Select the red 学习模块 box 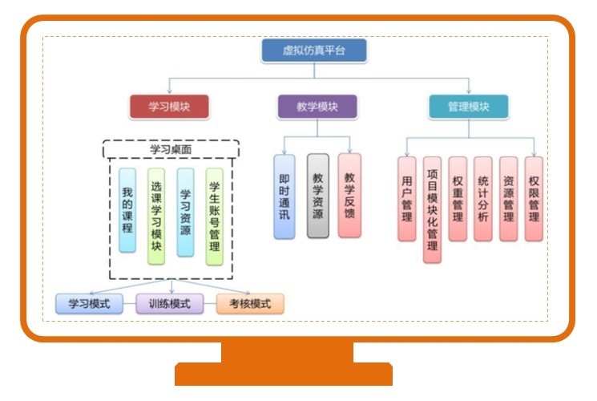click(x=168, y=107)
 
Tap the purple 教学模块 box click(x=317, y=107)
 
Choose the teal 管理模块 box click(x=468, y=107)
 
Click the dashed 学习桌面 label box click(x=171, y=149)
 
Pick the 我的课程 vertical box click(x=127, y=210)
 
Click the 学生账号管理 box click(x=213, y=216)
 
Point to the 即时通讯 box click(x=284, y=196)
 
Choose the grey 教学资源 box click(x=318, y=196)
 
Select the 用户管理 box click(x=406, y=198)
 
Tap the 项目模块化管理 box click(x=432, y=209)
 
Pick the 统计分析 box click(x=482, y=198)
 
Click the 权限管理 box click(x=534, y=198)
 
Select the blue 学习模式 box click(x=88, y=304)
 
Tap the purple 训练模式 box click(x=169, y=304)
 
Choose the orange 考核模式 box click(x=250, y=304)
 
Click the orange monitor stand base click(x=284, y=374)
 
